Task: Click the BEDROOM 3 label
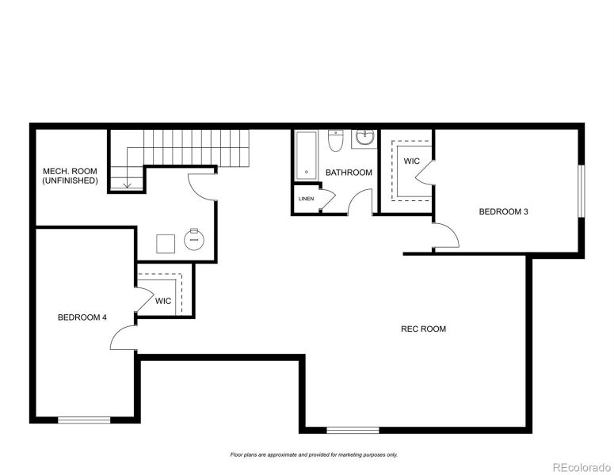[503, 211]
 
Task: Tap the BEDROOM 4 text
[82, 317]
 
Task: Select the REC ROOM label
[423, 329]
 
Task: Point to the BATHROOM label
[349, 173]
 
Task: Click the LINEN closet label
[306, 199]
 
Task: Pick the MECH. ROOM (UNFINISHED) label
[71, 176]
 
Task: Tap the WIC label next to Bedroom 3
[411, 161]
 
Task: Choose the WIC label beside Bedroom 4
[163, 301]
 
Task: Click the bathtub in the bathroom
[307, 155]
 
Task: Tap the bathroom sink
[364, 139]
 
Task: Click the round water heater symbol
[194, 239]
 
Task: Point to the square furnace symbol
[166, 242]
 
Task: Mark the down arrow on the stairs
[126, 184]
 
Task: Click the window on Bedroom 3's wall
[581, 190]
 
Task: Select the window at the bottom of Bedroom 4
[84, 420]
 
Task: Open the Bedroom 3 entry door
[444, 235]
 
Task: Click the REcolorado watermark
[581, 466]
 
